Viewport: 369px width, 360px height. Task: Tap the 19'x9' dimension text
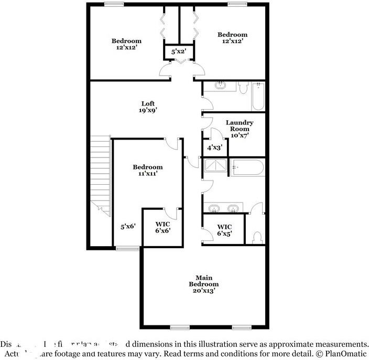click(x=148, y=110)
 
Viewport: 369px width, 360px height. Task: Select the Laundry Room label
click(x=239, y=126)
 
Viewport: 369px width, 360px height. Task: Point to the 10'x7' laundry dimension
click(x=239, y=135)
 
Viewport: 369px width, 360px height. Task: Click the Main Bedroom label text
click(x=203, y=281)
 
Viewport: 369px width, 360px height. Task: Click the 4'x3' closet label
click(x=214, y=148)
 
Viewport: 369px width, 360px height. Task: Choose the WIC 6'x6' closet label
click(x=162, y=227)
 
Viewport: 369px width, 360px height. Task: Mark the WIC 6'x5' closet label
click(x=224, y=230)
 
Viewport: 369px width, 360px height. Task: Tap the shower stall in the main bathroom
click(x=215, y=167)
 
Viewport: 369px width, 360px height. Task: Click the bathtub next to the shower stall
click(x=247, y=167)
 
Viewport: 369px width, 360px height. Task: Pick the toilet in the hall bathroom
click(x=242, y=88)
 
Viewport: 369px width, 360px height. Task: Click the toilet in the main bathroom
click(x=257, y=237)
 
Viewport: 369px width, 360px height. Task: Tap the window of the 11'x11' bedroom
click(x=127, y=248)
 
